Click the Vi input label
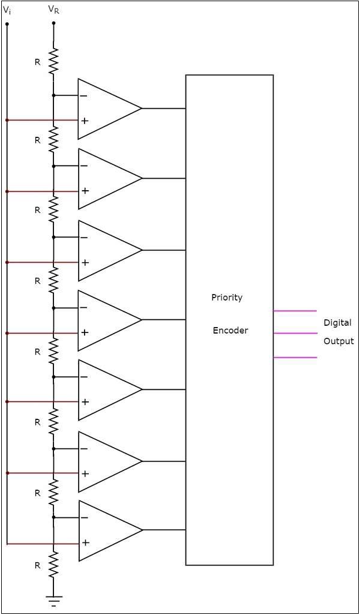pyautogui.click(x=7, y=10)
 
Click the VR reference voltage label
pyautogui.click(x=53, y=10)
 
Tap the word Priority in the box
pyautogui.click(x=227, y=298)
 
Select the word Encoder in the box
pyautogui.click(x=230, y=331)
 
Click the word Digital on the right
pyautogui.click(x=337, y=323)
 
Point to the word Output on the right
pyautogui.click(x=338, y=341)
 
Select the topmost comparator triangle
pyautogui.click(x=105, y=109)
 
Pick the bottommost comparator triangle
pyautogui.click(x=105, y=530)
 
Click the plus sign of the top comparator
pyautogui.click(x=85, y=121)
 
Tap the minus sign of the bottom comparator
pyautogui.click(x=85, y=518)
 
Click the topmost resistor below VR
pyautogui.click(x=53, y=61)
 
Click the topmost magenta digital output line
pyautogui.click(x=295, y=311)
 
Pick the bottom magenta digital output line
pyautogui.click(x=295, y=358)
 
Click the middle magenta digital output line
pyautogui.click(x=295, y=334)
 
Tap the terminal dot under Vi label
pyautogui.click(x=7, y=24)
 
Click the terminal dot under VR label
pyautogui.click(x=53, y=24)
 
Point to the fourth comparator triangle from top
pyautogui.click(x=105, y=320)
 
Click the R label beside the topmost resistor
pyautogui.click(x=37, y=62)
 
